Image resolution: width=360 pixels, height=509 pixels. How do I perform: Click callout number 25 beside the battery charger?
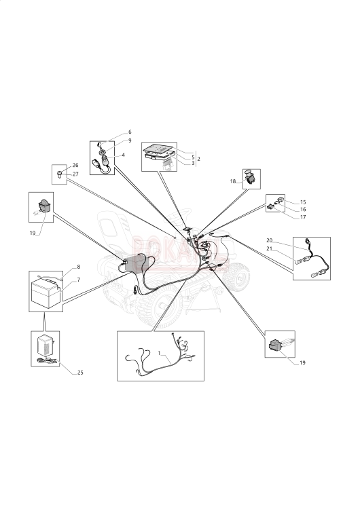[80, 373]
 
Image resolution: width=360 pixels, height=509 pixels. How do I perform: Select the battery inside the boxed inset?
[46, 293]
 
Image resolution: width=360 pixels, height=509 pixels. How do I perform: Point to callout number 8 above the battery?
[78, 267]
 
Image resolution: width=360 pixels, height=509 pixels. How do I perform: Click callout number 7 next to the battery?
[78, 279]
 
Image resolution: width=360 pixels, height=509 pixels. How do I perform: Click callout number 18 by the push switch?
[233, 182]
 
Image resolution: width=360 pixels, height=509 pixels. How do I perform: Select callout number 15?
[303, 202]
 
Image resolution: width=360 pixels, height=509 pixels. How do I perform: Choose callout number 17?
[303, 218]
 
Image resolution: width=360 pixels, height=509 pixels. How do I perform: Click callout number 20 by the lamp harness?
[269, 241]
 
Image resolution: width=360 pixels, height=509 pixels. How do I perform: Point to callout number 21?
[269, 250]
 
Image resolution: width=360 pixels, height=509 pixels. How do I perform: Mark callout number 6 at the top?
[130, 132]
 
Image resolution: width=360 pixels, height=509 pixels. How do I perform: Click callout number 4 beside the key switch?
[123, 155]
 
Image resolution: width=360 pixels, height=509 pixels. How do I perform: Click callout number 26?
[75, 165]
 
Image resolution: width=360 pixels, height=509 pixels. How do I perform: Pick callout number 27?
[75, 174]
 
